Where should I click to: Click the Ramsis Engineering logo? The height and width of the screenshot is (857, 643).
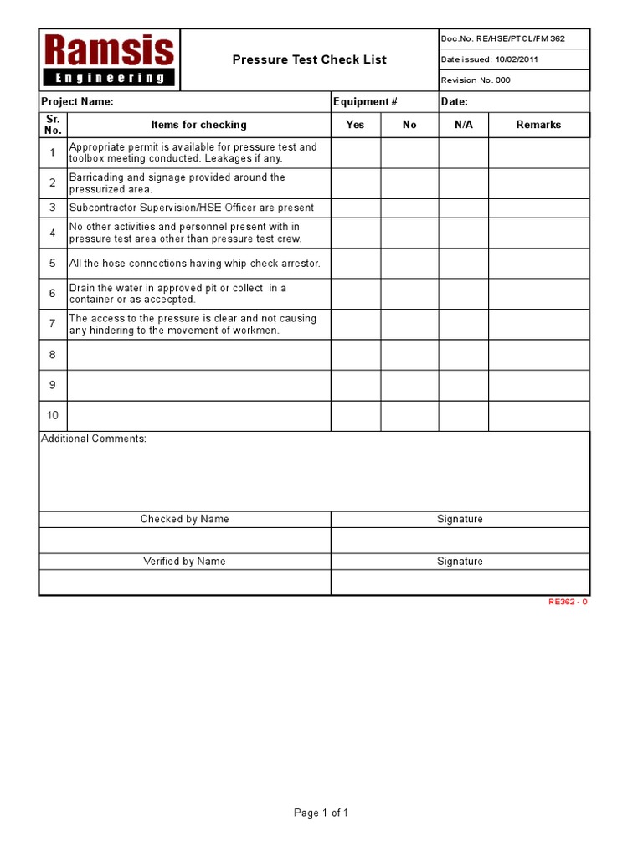click(109, 59)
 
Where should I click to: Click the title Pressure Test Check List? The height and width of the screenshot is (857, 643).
click(309, 59)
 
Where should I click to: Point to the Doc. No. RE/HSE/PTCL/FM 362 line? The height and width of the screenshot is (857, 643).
click(503, 38)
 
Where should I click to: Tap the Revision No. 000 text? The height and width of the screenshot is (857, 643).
click(475, 80)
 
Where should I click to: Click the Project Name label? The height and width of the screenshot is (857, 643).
click(77, 102)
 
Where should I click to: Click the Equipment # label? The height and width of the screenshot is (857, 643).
click(365, 102)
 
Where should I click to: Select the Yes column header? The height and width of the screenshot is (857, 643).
click(355, 125)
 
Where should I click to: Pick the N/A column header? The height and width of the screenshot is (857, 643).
click(463, 125)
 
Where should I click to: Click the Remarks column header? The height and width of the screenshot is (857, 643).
click(538, 125)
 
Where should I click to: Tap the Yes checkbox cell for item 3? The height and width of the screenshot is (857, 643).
click(355, 208)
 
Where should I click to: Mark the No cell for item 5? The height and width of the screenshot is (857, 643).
click(409, 263)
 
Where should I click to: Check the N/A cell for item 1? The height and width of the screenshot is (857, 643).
click(463, 152)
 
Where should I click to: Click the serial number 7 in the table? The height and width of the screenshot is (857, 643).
click(53, 324)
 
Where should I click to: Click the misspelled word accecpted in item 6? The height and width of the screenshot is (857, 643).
click(170, 300)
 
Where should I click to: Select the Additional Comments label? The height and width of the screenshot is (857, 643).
click(94, 439)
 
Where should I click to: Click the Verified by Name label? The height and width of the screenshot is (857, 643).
click(184, 562)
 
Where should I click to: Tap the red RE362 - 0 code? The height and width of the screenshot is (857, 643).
click(568, 602)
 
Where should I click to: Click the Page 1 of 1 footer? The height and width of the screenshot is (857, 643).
click(321, 813)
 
